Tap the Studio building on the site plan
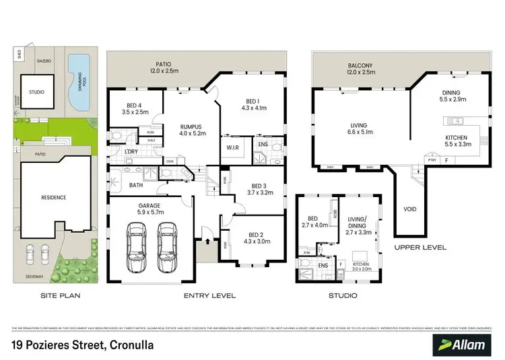tap(36, 94)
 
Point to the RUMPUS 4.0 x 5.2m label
tap(184, 129)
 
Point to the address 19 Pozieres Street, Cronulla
tap(83, 345)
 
